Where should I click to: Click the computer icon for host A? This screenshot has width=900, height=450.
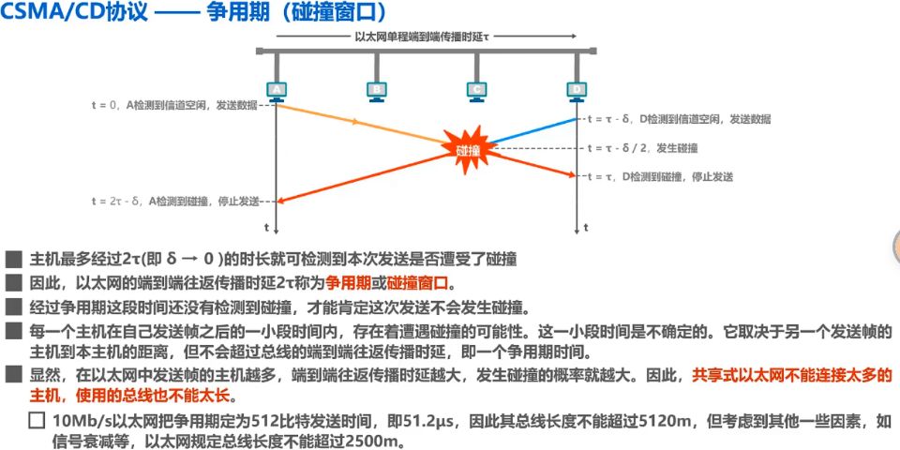click(276, 88)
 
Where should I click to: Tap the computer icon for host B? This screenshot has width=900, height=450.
click(376, 88)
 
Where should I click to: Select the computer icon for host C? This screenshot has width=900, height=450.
click(476, 88)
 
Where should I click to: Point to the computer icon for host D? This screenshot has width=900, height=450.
click(576, 88)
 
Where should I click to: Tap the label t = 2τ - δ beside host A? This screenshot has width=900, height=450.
click(172, 201)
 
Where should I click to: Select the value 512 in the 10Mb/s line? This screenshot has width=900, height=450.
click(282, 420)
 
